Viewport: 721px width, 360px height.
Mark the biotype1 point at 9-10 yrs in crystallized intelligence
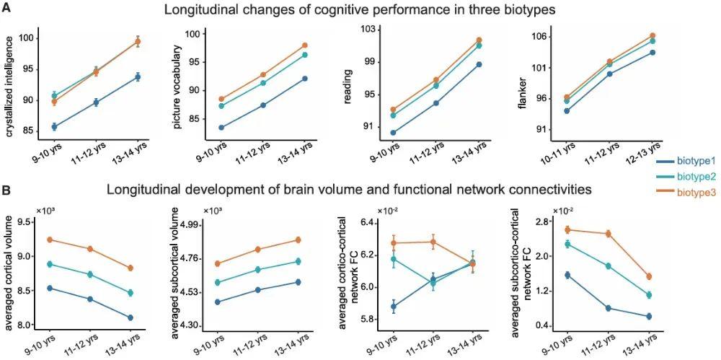54,127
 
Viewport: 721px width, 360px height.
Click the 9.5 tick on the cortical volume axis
27,222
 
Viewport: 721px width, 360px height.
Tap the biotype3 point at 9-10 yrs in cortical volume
50,240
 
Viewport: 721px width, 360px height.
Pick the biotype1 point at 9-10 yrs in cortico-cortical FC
393,307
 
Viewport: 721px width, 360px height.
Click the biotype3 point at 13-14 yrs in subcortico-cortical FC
648,276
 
